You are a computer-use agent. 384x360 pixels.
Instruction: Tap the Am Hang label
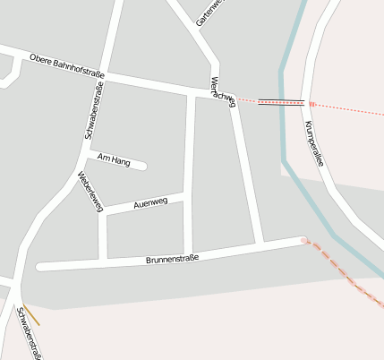[x=114, y=161]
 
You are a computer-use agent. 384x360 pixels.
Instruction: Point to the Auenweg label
[x=150, y=203]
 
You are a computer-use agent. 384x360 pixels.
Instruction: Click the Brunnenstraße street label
[x=172, y=259]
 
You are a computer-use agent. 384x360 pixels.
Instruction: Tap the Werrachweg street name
[x=222, y=90]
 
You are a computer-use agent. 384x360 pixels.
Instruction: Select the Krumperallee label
[x=313, y=142]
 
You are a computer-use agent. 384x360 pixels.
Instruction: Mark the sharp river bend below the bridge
[x=286, y=162]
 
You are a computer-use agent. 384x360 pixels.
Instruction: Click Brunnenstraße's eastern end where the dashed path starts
[x=304, y=240]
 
